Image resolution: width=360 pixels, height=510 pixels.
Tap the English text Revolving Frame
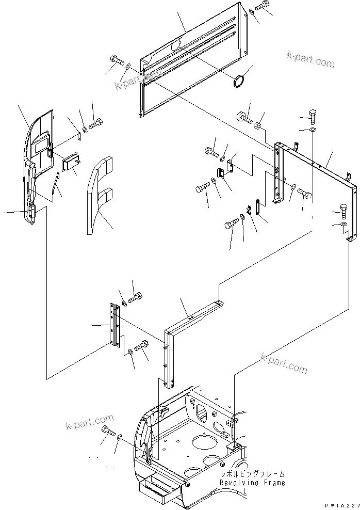click(252, 483)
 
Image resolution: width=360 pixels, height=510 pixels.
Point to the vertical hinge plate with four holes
click(114, 325)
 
